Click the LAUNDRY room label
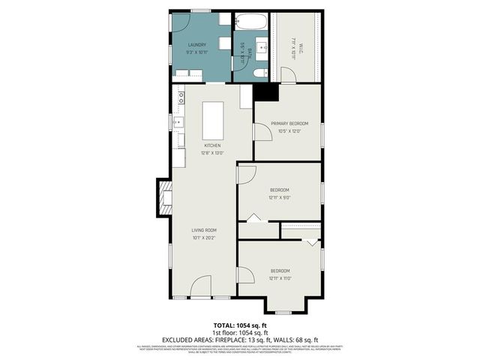[x=197, y=45]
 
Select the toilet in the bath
[x=257, y=72]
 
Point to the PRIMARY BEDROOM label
[x=289, y=124]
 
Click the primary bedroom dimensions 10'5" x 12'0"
[x=289, y=131]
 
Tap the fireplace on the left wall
[x=164, y=196]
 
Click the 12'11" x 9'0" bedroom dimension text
[x=280, y=198]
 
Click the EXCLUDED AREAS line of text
[x=239, y=339]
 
